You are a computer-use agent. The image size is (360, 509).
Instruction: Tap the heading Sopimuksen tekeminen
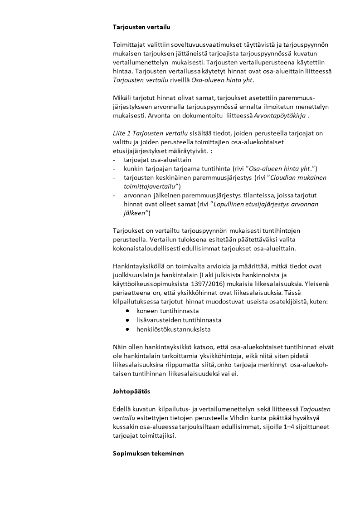click(x=148, y=454)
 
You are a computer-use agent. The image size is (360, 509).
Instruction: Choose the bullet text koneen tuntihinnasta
click(x=168, y=311)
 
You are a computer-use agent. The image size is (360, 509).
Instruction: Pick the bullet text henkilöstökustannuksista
click(x=173, y=329)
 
